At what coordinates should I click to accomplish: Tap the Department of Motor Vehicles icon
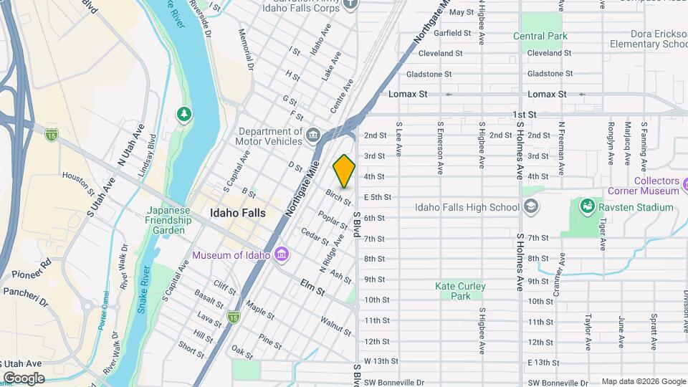313,135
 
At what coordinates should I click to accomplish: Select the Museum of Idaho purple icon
282,255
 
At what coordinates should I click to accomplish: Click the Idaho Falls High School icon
530,208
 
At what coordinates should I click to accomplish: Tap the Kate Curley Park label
460,291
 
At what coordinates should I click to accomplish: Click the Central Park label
540,36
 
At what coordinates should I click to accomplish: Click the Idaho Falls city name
237,213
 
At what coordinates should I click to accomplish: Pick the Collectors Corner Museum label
643,186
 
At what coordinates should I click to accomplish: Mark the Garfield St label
451,33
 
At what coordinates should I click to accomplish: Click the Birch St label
338,198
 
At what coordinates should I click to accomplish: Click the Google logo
24,378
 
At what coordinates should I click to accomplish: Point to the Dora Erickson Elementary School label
648,39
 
